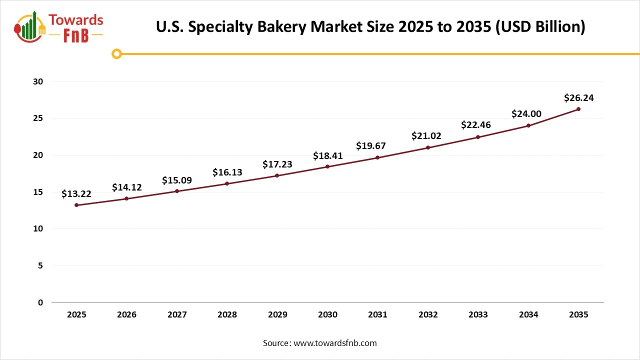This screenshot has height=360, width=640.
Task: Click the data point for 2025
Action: [x=76, y=205]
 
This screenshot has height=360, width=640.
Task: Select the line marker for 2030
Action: [x=327, y=166]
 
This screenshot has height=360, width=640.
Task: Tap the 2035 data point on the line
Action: [x=578, y=109]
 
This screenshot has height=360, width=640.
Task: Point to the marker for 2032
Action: [x=428, y=147]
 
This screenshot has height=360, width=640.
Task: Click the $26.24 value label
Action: [x=578, y=98]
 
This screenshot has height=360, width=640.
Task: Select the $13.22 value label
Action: [x=76, y=194]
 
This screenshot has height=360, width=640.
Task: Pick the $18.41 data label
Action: [x=327, y=155]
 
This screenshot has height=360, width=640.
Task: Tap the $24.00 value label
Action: [x=526, y=114]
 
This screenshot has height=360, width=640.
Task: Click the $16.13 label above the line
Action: [x=227, y=172]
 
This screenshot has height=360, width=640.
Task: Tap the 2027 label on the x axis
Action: [x=177, y=315]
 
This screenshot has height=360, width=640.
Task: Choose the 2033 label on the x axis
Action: [x=478, y=315]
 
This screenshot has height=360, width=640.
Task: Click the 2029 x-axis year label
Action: [x=277, y=315]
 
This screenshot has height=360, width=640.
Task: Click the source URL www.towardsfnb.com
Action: [x=334, y=343]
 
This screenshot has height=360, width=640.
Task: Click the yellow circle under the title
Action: [x=116, y=53]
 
